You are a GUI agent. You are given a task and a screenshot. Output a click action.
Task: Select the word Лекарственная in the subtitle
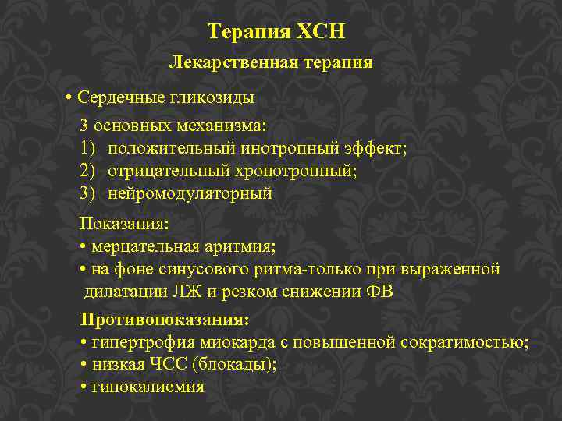(x=221, y=62)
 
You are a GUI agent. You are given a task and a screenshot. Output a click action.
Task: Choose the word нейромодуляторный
(x=190, y=193)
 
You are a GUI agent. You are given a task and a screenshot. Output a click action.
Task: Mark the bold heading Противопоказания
(x=164, y=320)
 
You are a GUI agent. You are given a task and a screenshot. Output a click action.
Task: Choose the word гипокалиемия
(x=148, y=387)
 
